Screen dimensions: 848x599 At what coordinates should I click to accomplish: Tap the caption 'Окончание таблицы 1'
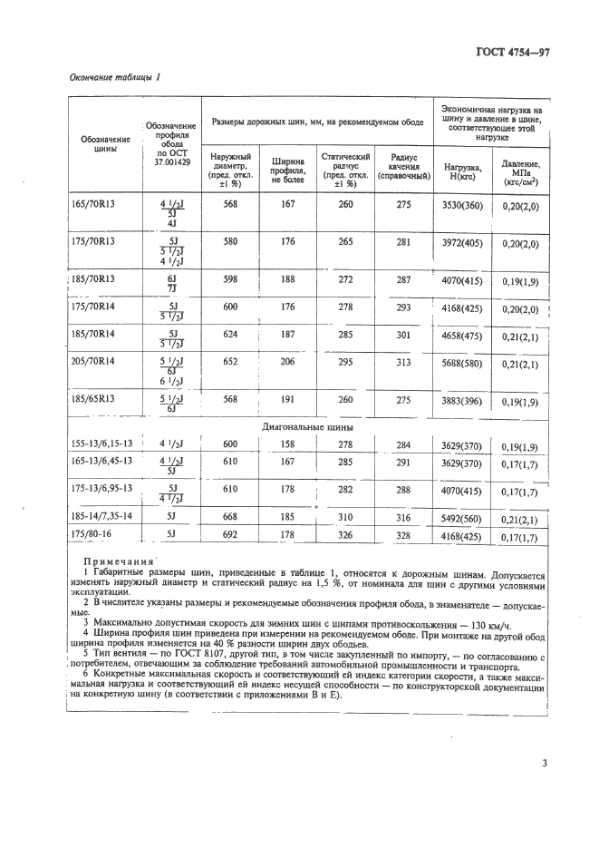coord(114,77)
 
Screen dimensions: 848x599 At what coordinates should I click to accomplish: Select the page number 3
coord(545,763)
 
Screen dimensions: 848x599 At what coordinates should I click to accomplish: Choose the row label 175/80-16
coord(92,535)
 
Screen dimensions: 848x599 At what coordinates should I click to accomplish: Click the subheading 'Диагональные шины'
coord(307,426)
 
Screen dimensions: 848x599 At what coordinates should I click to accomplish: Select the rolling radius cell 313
coord(403,362)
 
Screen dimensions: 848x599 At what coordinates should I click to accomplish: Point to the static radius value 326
coord(345,535)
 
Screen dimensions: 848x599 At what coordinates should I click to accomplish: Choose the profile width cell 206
coord(287,362)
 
